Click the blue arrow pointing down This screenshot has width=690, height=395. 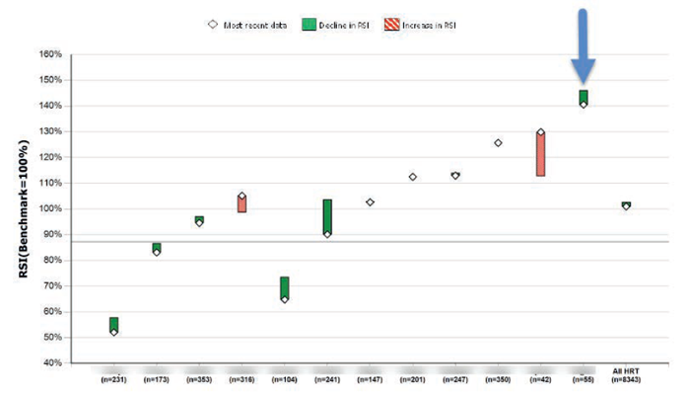pos(583,44)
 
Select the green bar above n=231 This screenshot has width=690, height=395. pos(114,324)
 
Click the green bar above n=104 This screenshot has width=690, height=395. pos(285,286)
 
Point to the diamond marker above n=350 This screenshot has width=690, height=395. pos(498,142)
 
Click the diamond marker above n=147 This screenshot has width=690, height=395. pos(370,201)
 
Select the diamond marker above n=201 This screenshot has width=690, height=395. pos(412,177)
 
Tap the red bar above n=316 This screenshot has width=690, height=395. pos(241,203)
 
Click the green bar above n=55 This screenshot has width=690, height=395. pos(583,96)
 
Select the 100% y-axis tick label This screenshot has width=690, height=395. pos(47,209)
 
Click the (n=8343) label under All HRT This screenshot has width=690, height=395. pos(626,378)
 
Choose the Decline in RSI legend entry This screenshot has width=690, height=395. pos(355,24)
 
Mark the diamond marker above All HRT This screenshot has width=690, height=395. pos(626,206)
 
